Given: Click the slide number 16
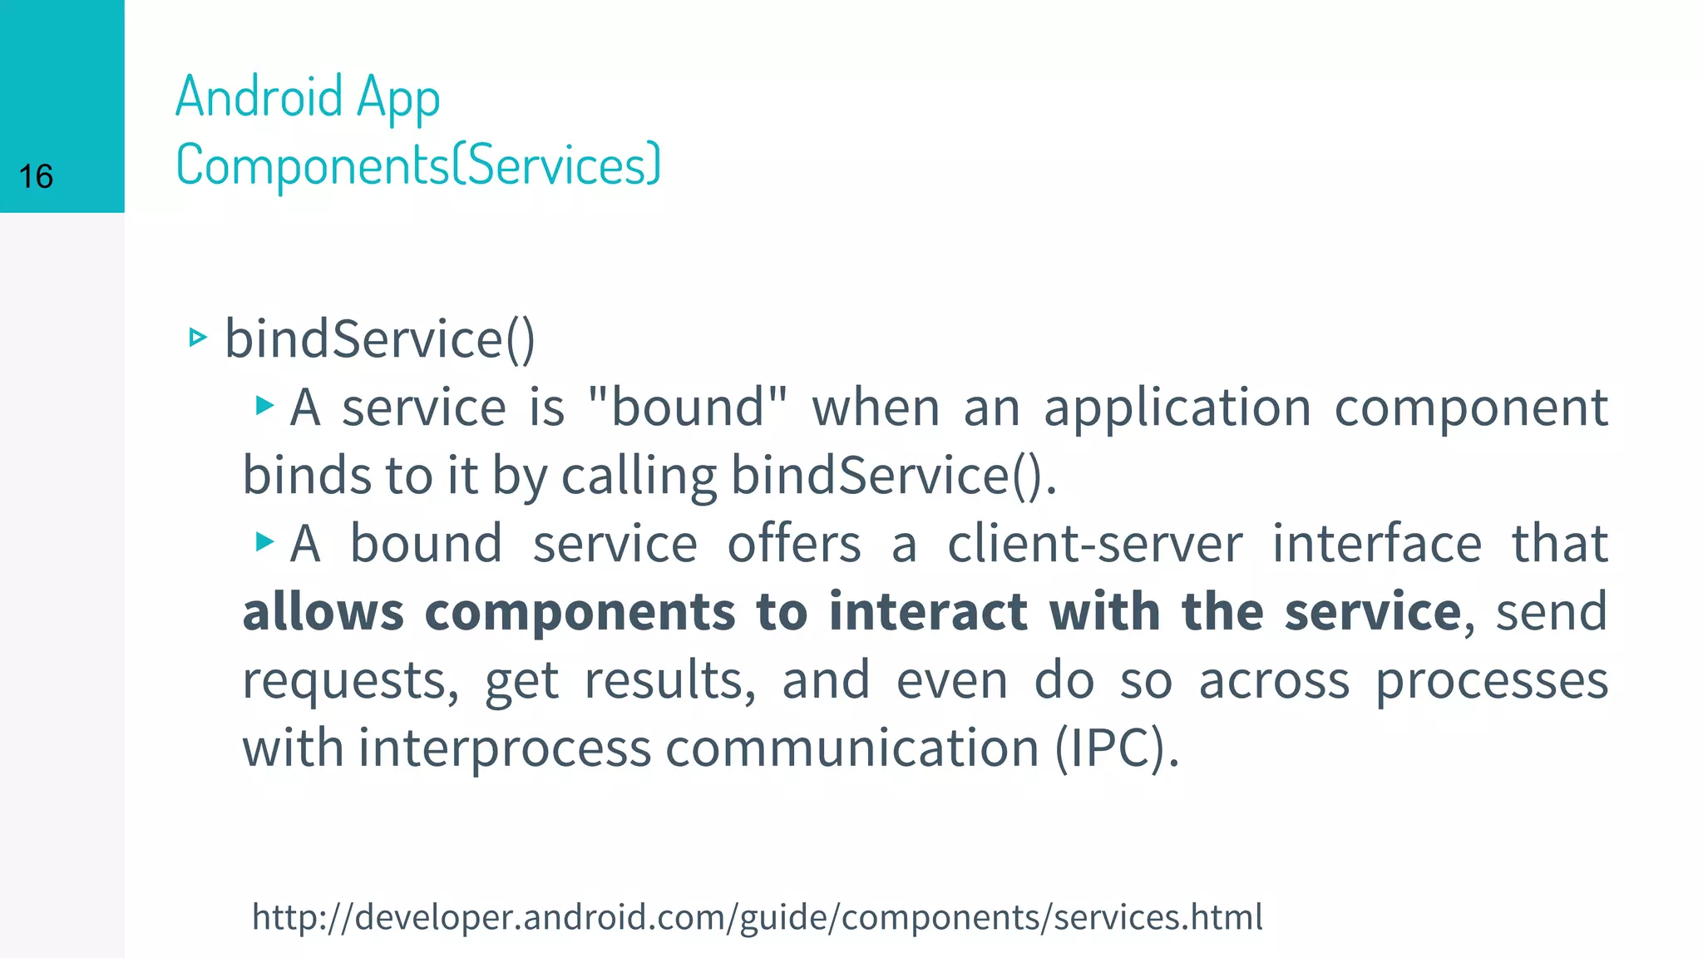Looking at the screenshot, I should (x=36, y=177).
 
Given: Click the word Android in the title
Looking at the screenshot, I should (x=259, y=96).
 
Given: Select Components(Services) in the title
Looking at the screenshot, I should (x=418, y=165).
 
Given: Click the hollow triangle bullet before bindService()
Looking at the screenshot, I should (x=197, y=338).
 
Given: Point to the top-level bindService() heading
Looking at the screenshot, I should (x=380, y=339).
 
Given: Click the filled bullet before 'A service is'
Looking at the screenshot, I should (x=264, y=406).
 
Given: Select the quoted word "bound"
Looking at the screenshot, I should (x=687, y=407).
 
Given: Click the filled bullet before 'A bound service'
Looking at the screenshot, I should (x=264, y=542).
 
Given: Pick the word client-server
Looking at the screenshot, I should (x=1095, y=544).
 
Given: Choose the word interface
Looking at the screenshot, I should (x=1377, y=544).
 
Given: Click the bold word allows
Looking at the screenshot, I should (x=323, y=612).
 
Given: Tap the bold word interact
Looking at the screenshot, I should (x=928, y=612).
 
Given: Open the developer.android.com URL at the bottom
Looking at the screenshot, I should (x=757, y=917).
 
